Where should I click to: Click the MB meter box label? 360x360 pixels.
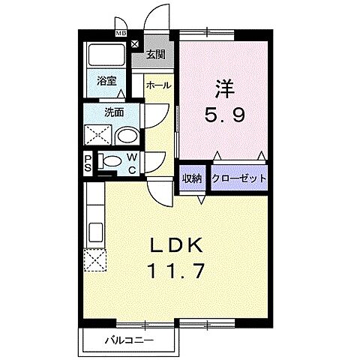120,33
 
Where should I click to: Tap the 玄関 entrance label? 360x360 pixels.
157,53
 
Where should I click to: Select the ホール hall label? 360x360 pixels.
158,85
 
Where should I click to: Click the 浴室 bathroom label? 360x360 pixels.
106,82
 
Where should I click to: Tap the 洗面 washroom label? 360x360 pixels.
113,113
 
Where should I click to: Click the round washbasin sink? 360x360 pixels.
128,136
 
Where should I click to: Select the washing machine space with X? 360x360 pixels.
99,136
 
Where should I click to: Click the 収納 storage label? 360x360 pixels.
192,178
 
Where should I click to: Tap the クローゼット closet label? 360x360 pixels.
239,178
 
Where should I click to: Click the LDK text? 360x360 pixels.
178,245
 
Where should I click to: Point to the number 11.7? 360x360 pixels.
178,270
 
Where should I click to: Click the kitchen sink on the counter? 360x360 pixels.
95,229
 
